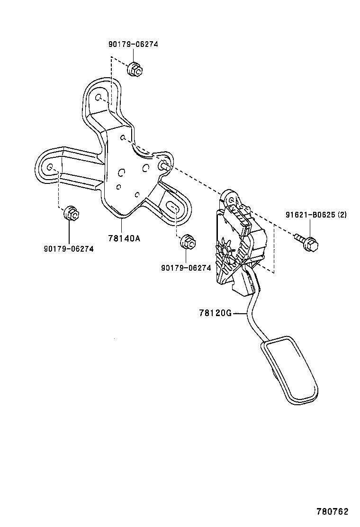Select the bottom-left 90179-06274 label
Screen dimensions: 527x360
point(69,248)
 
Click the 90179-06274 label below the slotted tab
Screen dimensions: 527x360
point(186,268)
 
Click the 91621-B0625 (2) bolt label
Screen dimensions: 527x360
point(316,214)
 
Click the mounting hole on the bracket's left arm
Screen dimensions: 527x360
point(50,166)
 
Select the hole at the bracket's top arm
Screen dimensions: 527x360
point(99,98)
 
